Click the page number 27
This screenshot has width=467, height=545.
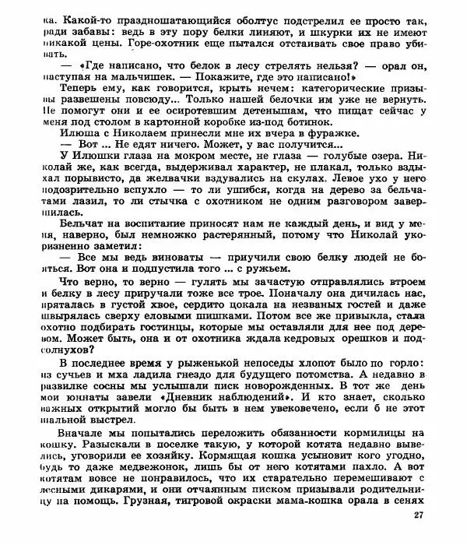418,515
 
